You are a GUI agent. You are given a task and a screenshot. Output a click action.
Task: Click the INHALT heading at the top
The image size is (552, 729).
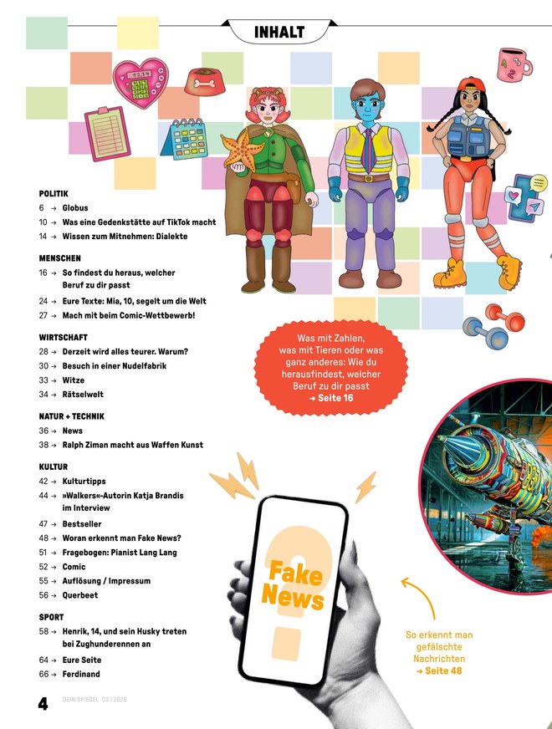[x=279, y=32]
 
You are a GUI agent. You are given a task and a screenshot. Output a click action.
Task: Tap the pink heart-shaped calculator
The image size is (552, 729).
[x=141, y=83]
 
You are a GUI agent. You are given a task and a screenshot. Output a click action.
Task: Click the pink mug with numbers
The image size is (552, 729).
[x=514, y=64]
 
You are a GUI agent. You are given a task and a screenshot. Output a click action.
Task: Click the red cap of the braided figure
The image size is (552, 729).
[x=471, y=84]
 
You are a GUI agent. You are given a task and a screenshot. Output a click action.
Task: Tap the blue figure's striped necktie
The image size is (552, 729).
[x=368, y=150]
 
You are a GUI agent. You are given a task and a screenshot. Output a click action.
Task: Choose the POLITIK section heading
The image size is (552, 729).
[x=54, y=193]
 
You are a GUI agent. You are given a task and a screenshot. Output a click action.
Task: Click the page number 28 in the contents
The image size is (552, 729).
[x=43, y=352]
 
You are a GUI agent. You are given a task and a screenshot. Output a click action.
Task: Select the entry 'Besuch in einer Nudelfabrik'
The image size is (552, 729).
[x=115, y=366]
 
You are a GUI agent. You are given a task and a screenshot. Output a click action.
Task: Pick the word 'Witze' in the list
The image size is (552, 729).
[x=74, y=380]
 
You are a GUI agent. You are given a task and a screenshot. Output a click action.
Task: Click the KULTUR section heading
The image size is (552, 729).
[x=54, y=466]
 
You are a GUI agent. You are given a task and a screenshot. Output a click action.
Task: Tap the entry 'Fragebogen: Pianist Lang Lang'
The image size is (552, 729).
[x=120, y=553]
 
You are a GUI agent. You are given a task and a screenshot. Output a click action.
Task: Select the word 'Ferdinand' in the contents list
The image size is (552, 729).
[x=81, y=674]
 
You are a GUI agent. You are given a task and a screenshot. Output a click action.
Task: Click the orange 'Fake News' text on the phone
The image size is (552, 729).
[x=293, y=585]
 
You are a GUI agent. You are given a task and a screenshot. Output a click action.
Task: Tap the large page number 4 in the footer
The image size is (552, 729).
[x=43, y=703]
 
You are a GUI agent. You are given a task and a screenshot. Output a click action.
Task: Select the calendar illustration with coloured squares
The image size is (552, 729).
[x=185, y=140]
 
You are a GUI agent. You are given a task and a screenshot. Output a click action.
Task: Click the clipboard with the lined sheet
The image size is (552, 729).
[x=107, y=134]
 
